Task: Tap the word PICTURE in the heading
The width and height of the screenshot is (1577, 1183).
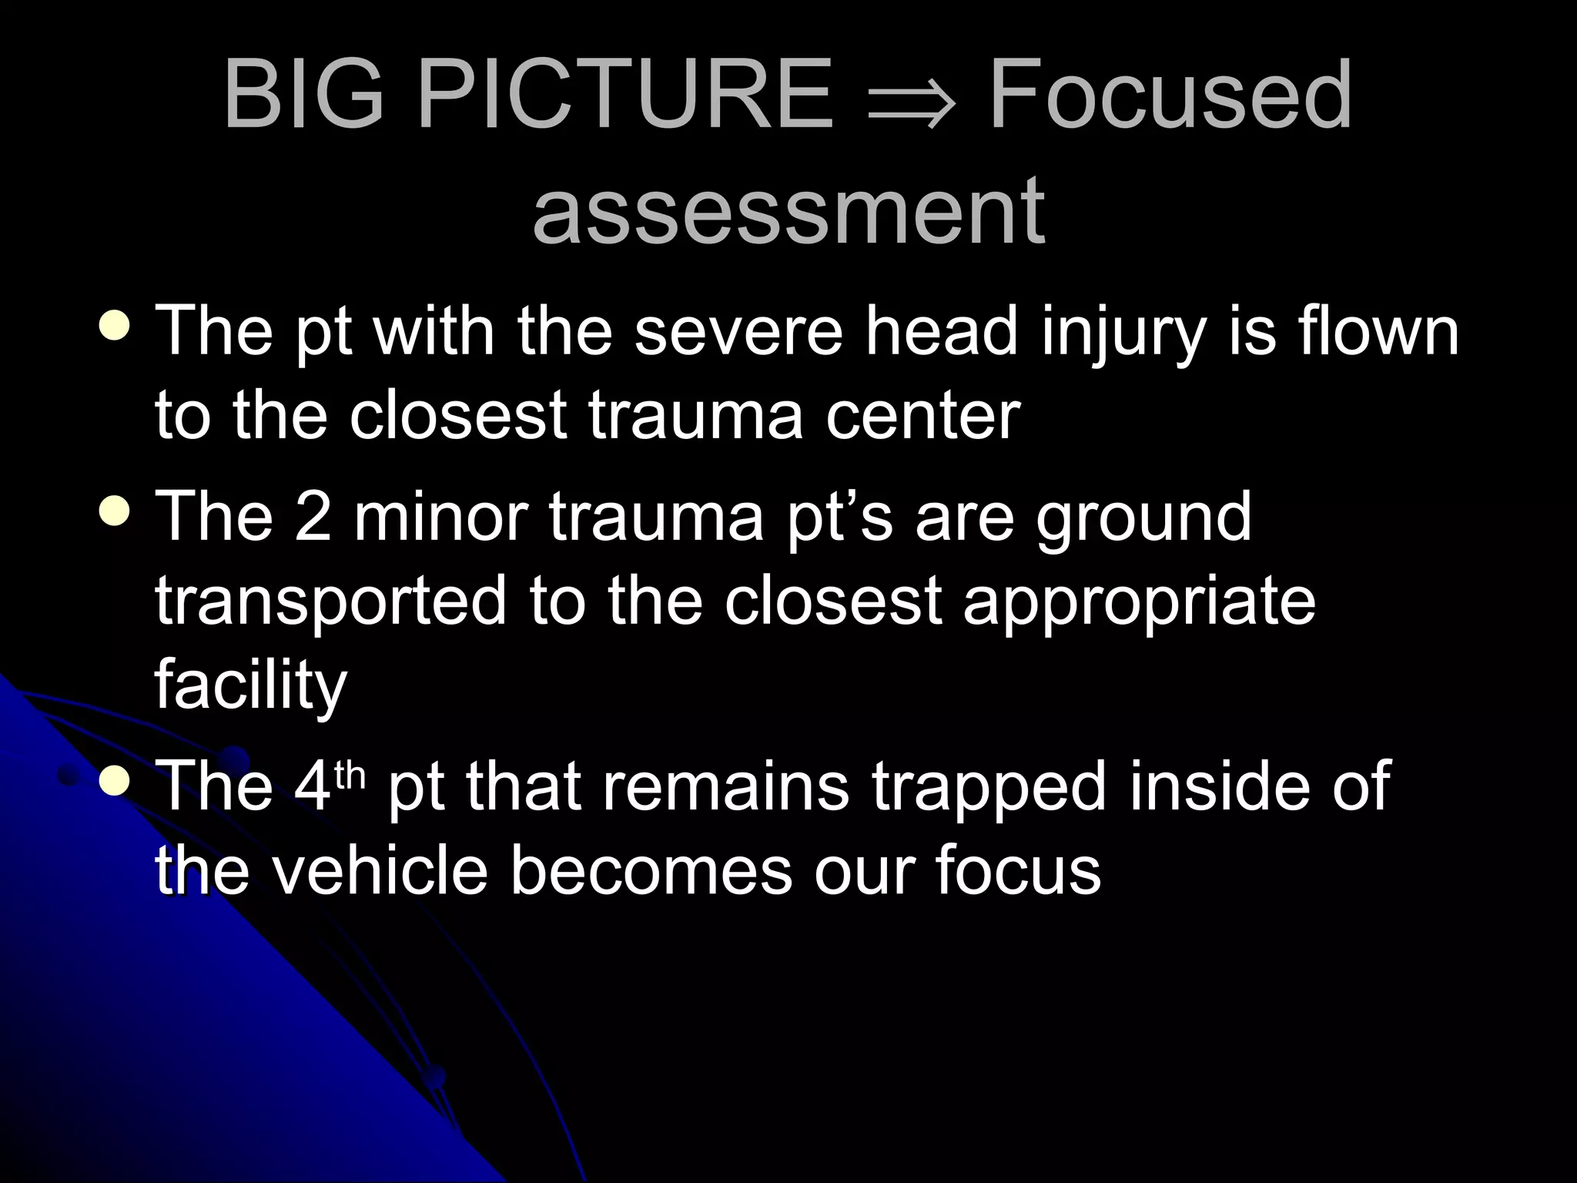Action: [624, 96]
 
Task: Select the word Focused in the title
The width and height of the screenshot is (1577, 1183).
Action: [1170, 96]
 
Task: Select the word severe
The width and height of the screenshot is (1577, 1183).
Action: [738, 331]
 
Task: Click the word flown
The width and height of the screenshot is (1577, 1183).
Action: [1378, 331]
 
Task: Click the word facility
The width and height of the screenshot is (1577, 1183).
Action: [251, 685]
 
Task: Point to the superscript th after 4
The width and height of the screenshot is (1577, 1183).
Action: [350, 775]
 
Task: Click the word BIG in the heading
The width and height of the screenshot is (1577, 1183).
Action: [304, 96]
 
